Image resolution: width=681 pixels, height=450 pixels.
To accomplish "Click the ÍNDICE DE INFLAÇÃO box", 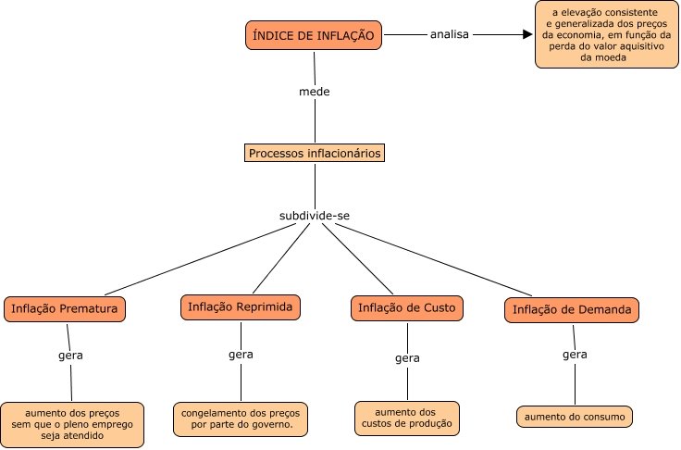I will point(315,35).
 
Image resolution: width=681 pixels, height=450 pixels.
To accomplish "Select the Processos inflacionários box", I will point(315,153).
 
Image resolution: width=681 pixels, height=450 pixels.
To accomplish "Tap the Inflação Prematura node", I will point(65,309).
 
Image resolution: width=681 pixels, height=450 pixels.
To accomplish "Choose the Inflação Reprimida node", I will point(241,306).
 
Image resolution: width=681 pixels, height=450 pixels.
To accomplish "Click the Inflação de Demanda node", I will point(573,309).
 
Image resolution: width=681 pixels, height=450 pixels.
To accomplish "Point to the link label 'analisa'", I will point(450,35).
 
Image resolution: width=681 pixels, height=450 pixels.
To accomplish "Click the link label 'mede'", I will point(315,92).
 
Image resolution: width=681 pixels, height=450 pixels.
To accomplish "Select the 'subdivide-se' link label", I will point(315,216).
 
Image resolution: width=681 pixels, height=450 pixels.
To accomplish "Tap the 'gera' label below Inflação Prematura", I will point(70,356).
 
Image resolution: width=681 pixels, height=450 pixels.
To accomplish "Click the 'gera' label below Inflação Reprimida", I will point(241,355).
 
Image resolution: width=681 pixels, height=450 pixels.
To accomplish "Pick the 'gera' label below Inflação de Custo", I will point(407,358).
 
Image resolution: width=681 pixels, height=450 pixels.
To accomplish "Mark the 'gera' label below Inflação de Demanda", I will point(575,355).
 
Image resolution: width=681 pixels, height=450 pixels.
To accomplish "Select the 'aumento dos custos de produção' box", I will point(407,418).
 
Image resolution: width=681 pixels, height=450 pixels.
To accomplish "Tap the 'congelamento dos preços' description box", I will point(241,419).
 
